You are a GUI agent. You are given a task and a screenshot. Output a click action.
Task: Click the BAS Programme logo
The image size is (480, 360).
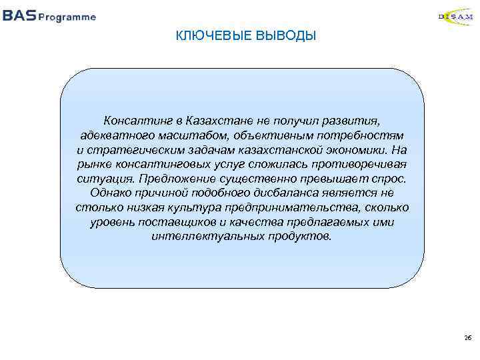(x=49, y=17)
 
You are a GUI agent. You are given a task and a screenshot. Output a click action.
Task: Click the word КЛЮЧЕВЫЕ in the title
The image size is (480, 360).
(x=213, y=35)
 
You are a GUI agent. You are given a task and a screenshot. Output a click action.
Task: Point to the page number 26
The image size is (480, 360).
(x=467, y=339)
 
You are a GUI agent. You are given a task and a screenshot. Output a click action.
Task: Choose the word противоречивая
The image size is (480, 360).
(x=361, y=165)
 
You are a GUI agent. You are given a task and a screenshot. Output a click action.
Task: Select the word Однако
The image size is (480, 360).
(x=109, y=194)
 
